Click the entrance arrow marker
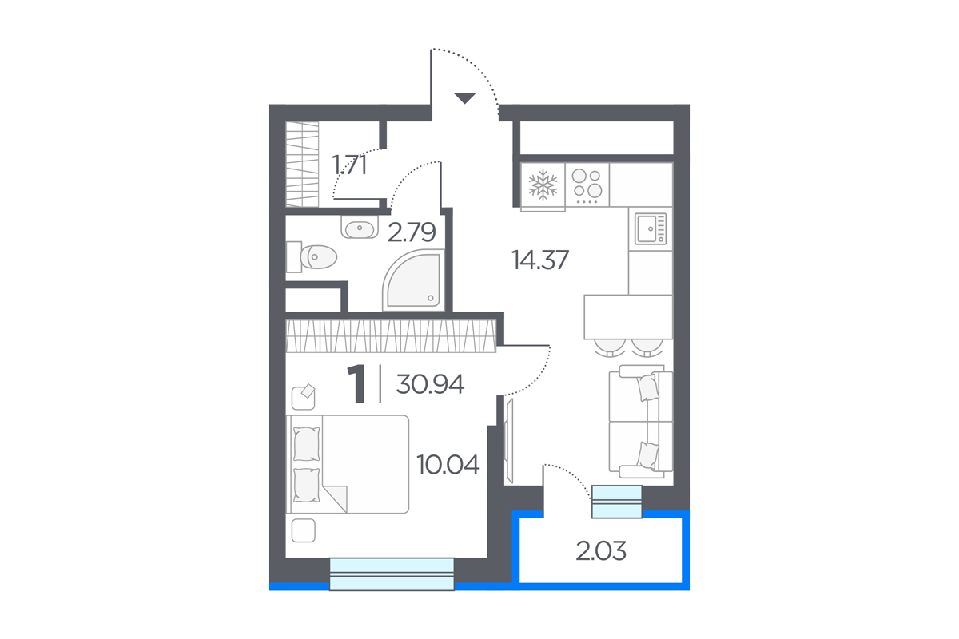(x=465, y=98)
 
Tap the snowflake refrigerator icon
(x=543, y=185)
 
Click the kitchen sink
(x=651, y=228)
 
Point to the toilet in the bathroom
(x=312, y=257)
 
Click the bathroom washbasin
(x=360, y=227)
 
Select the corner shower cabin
(x=413, y=280)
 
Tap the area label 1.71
(x=349, y=165)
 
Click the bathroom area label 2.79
(x=412, y=232)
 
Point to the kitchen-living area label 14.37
(x=540, y=260)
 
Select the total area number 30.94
(x=430, y=384)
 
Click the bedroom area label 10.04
(x=448, y=465)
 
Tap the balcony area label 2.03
(x=601, y=551)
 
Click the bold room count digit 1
(x=356, y=384)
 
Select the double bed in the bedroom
(x=347, y=464)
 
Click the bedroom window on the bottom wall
(x=392, y=574)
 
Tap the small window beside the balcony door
(x=616, y=502)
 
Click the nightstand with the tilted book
(x=304, y=397)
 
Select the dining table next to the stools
(x=628, y=317)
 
